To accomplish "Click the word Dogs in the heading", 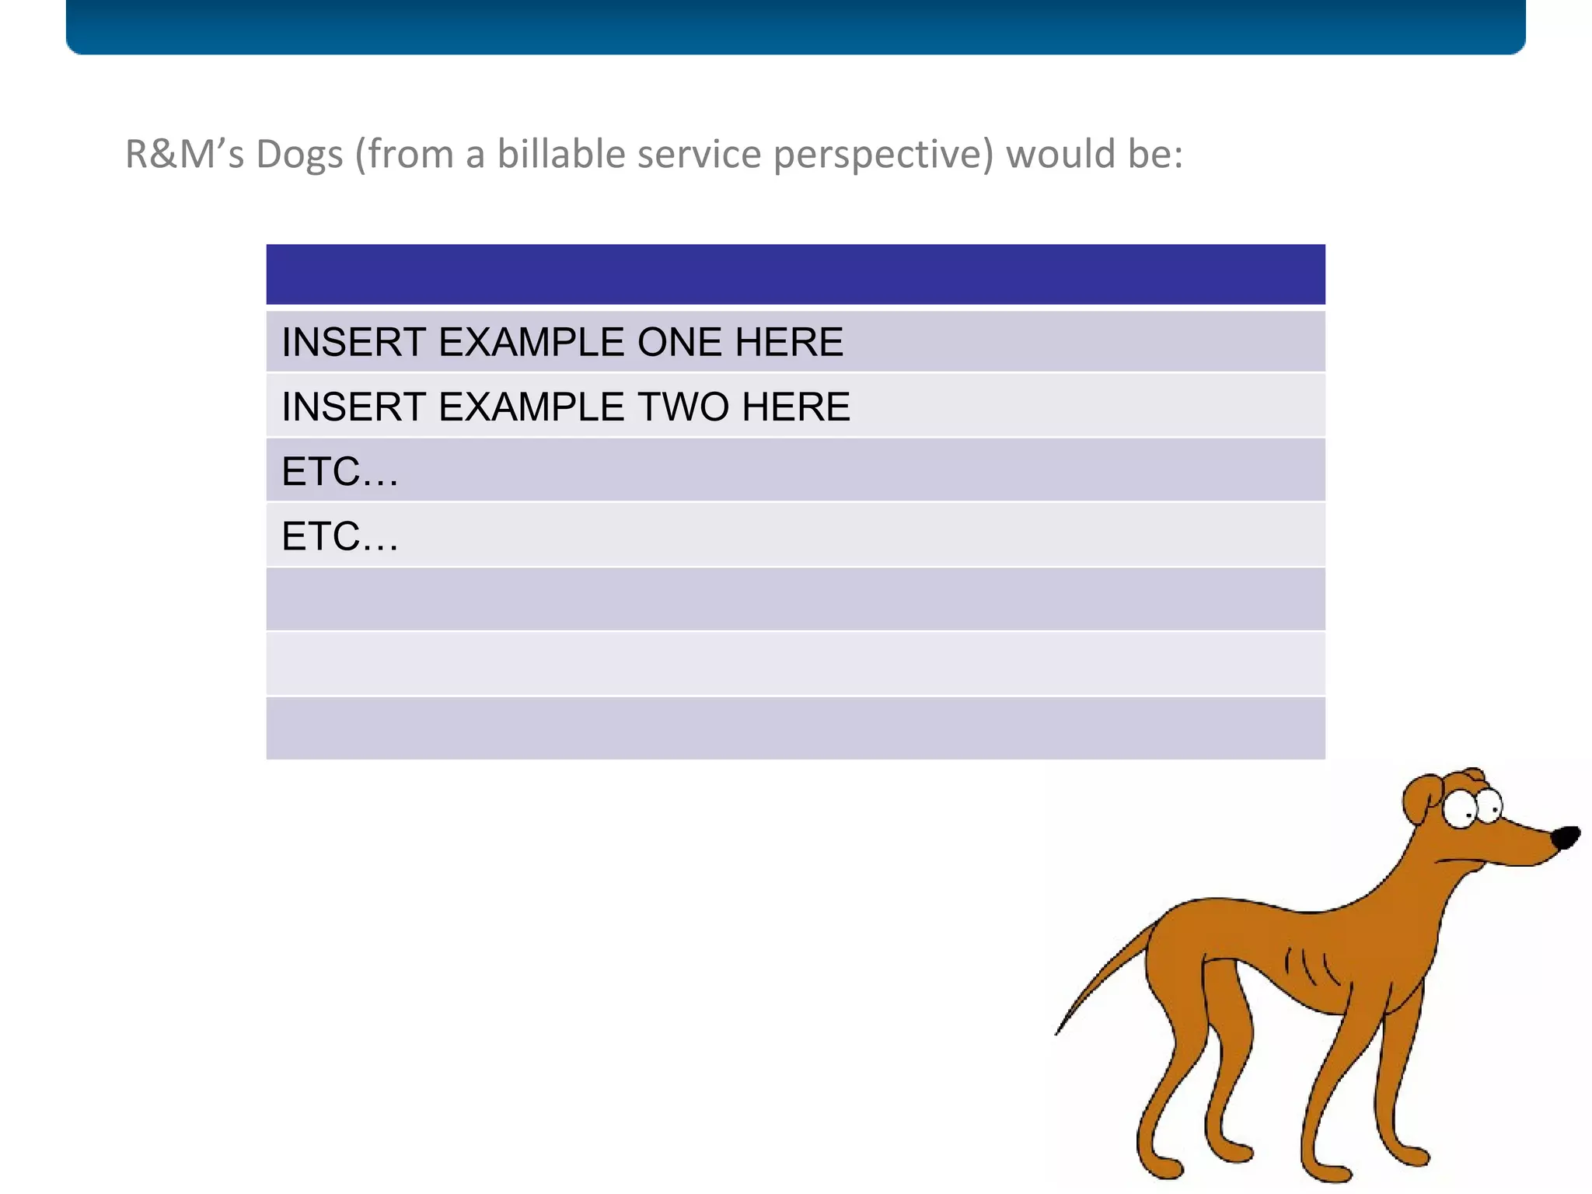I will [299, 155].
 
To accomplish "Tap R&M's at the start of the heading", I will [184, 155].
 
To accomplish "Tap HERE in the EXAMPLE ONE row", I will [789, 342].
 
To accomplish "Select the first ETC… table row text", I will [340, 472].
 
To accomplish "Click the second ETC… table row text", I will [340, 536].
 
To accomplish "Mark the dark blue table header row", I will [795, 274].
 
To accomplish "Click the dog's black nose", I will [1565, 838].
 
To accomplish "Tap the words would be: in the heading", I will [1094, 155].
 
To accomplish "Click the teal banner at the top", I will [795, 26].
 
